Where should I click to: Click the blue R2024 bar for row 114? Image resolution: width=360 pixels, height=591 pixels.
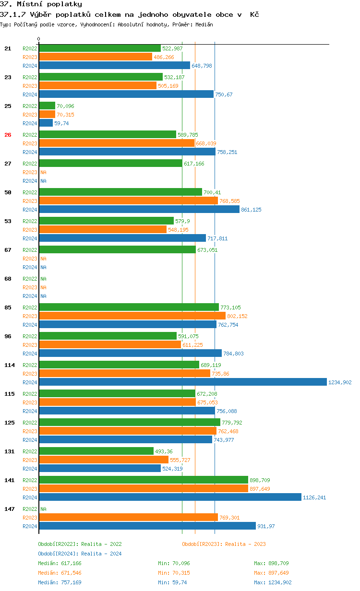(182, 382)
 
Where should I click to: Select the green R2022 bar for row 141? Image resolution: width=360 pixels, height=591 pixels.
(144, 480)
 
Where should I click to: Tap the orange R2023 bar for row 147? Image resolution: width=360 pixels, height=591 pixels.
(128, 517)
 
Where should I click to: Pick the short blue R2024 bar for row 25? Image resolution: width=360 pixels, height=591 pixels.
(46, 123)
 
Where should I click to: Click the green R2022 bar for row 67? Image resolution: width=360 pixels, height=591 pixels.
(117, 249)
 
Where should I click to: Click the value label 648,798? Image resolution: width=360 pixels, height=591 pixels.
(202, 66)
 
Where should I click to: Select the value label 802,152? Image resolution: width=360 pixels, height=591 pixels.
(237, 316)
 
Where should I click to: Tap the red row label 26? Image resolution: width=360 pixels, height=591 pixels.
(8, 135)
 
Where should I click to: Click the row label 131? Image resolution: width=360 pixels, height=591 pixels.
(9, 451)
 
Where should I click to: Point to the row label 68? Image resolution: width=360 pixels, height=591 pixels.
(8, 279)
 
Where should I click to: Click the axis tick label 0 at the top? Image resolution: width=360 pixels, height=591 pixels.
(39, 39)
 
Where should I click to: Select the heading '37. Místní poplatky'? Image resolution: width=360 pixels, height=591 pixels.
(41, 4)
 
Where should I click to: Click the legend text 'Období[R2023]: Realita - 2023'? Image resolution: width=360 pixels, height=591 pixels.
(224, 544)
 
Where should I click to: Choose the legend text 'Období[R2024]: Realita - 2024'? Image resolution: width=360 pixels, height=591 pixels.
(80, 554)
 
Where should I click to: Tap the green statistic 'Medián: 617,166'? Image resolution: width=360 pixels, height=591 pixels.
(60, 563)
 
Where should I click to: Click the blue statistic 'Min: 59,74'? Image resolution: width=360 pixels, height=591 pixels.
(172, 582)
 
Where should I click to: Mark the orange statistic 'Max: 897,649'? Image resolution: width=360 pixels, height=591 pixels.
(271, 573)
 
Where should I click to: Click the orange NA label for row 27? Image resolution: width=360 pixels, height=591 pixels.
(43, 172)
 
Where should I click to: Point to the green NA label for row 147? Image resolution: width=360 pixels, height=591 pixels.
(43, 509)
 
